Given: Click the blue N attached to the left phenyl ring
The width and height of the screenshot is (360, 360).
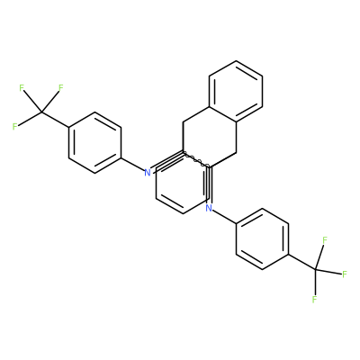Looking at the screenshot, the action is tap(148, 173).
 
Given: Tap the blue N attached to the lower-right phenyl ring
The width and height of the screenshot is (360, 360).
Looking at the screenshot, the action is tap(209, 208).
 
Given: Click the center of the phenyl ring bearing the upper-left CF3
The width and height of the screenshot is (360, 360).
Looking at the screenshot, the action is tap(95, 142).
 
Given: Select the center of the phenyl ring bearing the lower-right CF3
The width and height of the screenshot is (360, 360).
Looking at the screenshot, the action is tap(263, 239).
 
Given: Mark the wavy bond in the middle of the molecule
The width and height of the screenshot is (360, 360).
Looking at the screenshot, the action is tap(196, 159).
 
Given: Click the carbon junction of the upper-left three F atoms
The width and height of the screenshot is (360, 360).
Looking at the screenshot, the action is tap(42, 112).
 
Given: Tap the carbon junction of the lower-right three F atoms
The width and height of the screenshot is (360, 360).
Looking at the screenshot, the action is tap(316, 269).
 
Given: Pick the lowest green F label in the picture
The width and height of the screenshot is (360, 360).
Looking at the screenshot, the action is tap(314, 300).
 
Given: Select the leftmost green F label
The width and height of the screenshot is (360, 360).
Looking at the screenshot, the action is tap(15, 127).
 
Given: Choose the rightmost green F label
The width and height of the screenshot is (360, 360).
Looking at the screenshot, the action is tap(345, 274).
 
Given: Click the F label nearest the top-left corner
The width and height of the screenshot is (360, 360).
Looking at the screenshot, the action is tap(22, 88).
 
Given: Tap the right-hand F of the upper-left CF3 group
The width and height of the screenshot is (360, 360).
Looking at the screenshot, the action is tap(61, 88).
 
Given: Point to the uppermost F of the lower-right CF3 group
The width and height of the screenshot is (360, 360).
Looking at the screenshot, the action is tap(324, 240).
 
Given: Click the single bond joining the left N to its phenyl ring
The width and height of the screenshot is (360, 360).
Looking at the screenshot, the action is tap(132, 165).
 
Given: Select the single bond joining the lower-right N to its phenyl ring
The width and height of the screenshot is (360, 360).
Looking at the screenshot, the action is tap(225, 216).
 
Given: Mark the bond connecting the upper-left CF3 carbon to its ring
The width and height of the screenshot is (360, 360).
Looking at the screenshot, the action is tap(56, 120).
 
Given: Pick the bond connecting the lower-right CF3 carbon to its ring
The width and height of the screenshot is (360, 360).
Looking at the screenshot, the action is tap(302, 262).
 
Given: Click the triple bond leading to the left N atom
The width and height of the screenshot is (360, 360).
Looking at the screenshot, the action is tap(167, 161).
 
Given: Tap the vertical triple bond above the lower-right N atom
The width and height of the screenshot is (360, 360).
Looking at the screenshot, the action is tap(209, 184).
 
